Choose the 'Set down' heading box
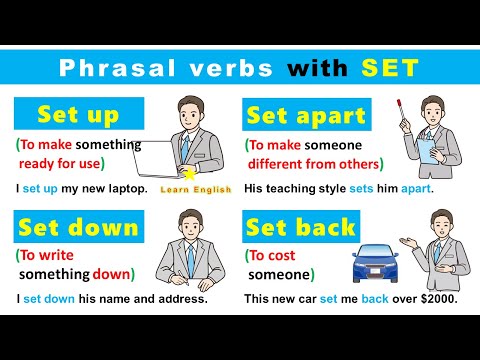tap(77, 228)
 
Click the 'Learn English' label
tap(195, 189)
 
